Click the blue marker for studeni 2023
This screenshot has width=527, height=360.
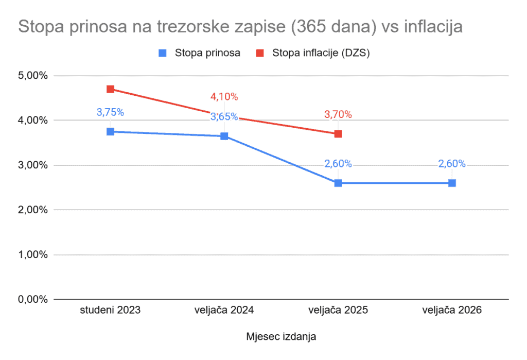110,132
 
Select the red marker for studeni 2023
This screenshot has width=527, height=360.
110,89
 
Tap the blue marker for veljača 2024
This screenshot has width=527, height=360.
224,136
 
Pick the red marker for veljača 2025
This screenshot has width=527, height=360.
338,134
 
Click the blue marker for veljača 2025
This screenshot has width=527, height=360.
338,183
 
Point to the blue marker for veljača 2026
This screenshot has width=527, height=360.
452,183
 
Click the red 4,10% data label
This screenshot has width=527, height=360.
224,96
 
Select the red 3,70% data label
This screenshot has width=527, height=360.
338,114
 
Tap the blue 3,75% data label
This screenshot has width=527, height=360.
110,112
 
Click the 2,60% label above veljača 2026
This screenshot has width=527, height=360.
452,164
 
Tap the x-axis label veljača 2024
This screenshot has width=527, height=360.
224,311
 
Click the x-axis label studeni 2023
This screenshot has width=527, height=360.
110,311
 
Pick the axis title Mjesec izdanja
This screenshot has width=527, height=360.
281,337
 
